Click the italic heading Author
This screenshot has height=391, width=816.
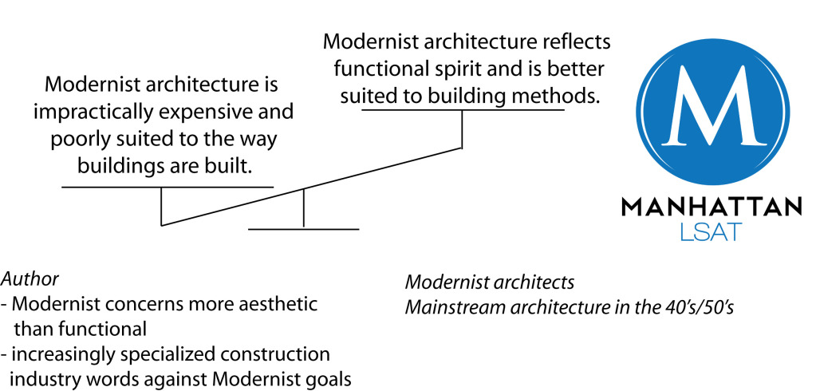point(30,279)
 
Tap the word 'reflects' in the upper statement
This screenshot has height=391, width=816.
point(581,41)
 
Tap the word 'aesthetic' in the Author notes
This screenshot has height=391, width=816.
point(278,305)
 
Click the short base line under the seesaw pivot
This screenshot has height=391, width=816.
point(303,229)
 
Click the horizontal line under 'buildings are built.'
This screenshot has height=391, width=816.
point(168,187)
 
